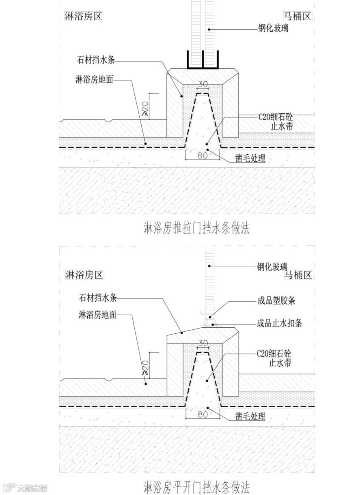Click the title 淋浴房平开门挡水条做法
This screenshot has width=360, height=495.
[x=197, y=486]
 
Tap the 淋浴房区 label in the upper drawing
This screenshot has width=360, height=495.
[x=84, y=16]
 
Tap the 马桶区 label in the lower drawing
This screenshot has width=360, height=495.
[x=298, y=275]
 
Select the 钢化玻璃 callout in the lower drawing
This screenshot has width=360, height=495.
[x=272, y=266]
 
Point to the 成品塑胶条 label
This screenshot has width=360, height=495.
[x=276, y=301]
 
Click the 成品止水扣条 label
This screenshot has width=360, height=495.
[x=279, y=324]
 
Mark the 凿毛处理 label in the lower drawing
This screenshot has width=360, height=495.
[x=250, y=416]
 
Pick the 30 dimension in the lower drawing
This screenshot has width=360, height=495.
[x=203, y=344]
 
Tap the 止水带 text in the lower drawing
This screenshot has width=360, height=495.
[x=280, y=363]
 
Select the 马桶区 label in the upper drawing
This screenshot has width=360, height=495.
[x=297, y=17]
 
